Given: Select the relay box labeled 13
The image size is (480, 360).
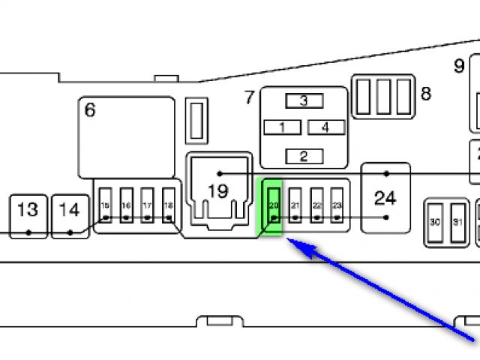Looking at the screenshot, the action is tap(28, 216).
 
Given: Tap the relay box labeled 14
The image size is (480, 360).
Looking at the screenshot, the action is tap(69, 216).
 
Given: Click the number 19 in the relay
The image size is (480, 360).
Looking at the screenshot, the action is tap(217, 191).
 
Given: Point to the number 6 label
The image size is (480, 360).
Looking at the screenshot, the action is tap(90, 110).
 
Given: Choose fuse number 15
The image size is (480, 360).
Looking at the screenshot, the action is tap(106, 205).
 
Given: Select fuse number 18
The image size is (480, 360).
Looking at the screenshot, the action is tap(169, 205).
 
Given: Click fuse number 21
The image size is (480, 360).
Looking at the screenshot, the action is tap(295, 205).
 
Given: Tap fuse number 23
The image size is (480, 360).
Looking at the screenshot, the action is tap(337, 205).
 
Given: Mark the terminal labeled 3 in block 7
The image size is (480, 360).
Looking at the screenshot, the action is tap(304, 100).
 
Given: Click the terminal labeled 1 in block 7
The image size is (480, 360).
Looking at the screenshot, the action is tap(282, 127).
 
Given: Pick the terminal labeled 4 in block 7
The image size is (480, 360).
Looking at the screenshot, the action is tap(325, 127).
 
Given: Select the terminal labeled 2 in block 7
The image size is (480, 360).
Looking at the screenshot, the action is tap(304, 156).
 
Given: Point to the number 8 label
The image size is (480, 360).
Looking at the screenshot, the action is tap(426, 94).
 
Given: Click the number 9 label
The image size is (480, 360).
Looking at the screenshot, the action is tap(459, 66).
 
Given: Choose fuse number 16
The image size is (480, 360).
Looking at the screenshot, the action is tap(127, 205).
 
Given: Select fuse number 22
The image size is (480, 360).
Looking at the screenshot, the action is tap(316, 205).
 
